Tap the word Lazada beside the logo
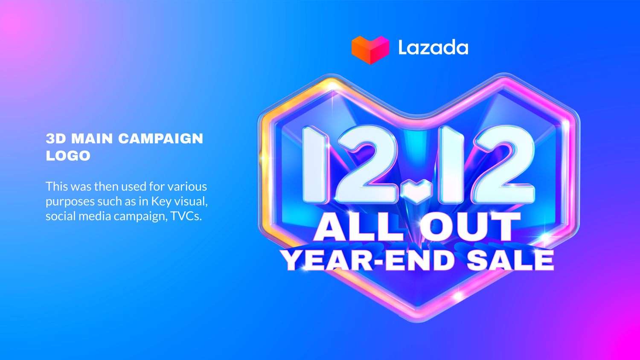433,47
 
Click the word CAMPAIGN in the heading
160,139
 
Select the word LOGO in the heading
68,156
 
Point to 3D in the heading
55,139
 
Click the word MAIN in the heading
92,139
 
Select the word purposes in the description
70,202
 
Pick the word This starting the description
57,186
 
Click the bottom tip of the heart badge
418,318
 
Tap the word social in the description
60,216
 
